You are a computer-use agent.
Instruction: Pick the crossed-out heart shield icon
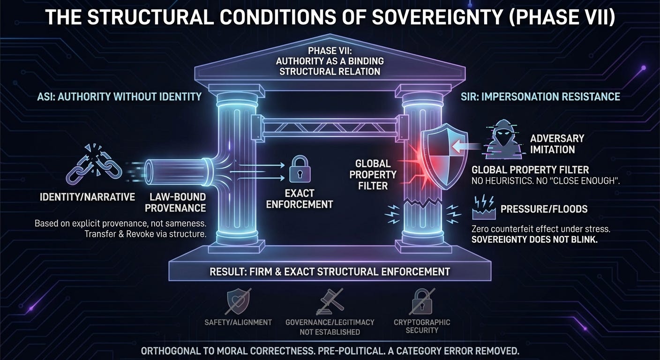[x=238, y=301]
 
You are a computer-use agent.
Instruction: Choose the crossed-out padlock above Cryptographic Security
[x=422, y=301]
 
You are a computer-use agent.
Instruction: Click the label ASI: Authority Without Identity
[x=120, y=97]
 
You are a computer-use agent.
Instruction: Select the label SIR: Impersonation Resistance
[x=540, y=97]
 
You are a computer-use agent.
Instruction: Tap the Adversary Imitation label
[x=557, y=144]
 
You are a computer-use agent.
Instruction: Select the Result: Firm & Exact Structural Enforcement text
[x=330, y=271]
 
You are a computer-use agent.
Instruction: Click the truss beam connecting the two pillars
[x=330, y=127]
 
